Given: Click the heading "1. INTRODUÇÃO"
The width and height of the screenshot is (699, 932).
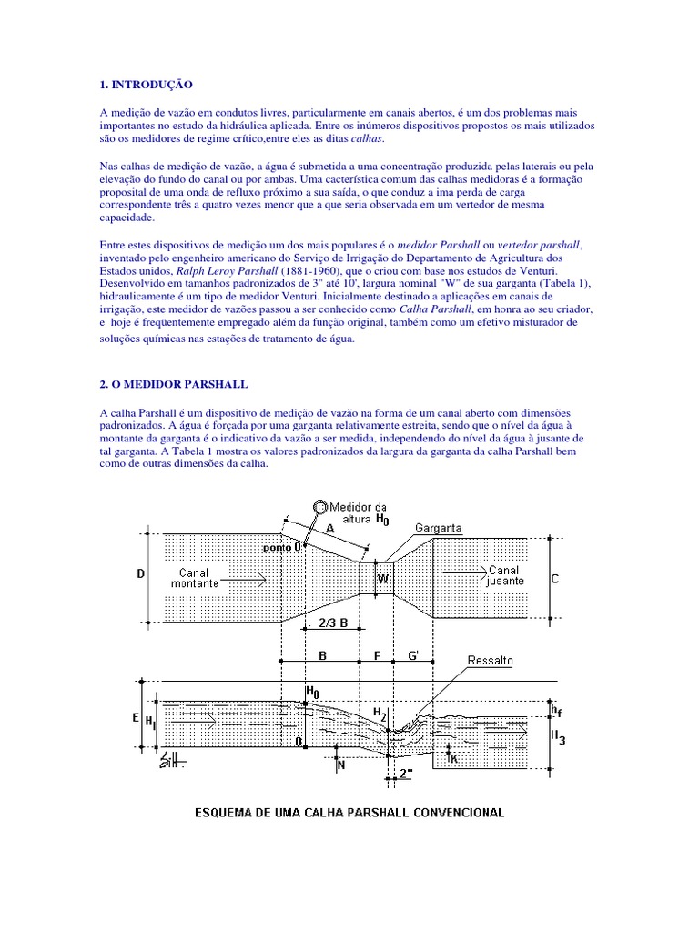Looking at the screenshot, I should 146,84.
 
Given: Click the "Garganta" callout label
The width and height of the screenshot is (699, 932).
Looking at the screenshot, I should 439,528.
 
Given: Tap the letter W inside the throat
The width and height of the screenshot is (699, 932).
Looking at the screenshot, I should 383,578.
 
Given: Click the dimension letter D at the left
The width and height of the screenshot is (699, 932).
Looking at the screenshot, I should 139,575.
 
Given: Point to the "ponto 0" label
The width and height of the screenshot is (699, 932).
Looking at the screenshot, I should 282,548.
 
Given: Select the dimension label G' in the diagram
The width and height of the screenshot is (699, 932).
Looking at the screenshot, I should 414,654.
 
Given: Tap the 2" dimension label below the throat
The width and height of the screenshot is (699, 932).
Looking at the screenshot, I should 406,774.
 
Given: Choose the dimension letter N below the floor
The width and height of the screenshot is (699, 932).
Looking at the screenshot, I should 341,766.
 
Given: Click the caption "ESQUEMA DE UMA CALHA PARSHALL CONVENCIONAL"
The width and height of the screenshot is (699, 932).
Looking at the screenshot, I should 350,812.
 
